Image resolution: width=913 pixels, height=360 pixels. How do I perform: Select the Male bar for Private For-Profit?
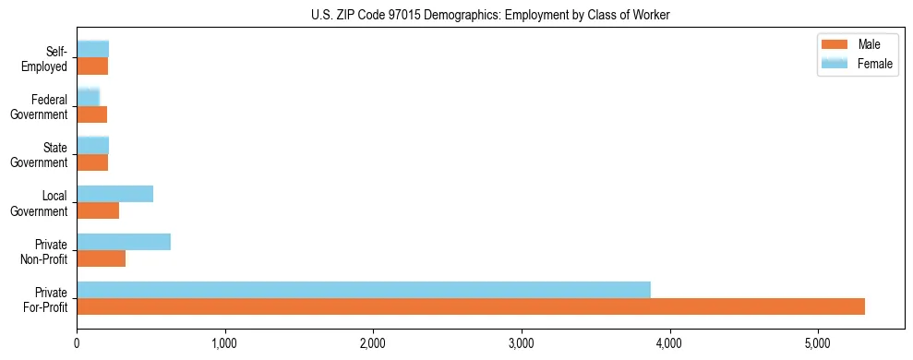point(471,306)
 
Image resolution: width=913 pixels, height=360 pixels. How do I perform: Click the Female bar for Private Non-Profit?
point(124,242)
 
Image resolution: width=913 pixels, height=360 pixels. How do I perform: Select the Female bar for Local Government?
point(115,194)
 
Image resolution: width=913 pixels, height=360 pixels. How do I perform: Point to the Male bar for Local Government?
point(98,210)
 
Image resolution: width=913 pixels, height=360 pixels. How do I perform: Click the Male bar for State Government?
point(92,162)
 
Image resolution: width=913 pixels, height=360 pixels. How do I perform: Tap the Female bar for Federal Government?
point(89,98)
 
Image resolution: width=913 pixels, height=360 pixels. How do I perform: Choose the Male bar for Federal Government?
point(92,114)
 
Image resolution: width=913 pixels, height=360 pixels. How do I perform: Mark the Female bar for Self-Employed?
point(93,49)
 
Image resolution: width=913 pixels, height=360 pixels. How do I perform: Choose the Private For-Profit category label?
point(45,299)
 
